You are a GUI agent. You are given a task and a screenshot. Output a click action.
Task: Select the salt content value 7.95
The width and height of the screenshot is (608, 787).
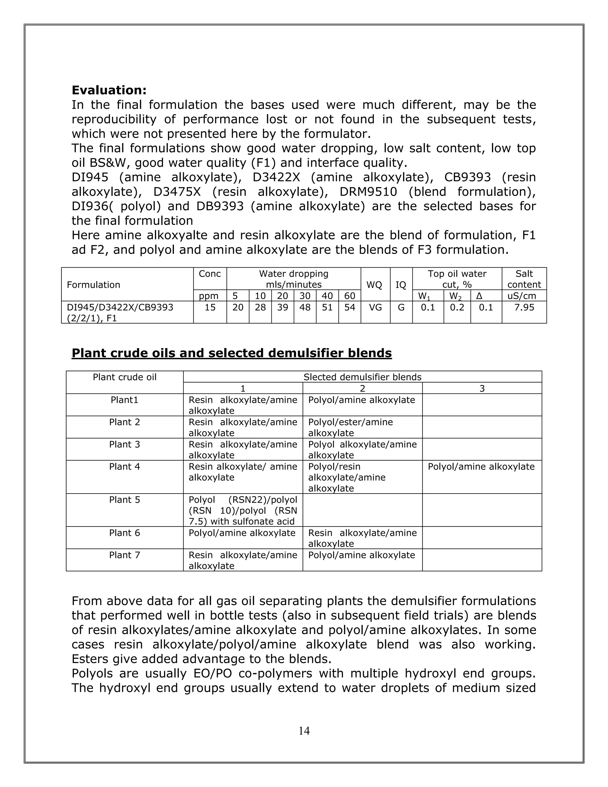(x=524, y=307)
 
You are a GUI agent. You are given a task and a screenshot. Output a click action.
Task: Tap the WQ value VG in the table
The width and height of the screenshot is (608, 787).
(x=375, y=307)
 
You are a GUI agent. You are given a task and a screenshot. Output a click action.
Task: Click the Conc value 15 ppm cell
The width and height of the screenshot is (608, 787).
(x=210, y=307)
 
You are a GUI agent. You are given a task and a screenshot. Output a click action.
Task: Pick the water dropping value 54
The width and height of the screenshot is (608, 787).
(x=349, y=307)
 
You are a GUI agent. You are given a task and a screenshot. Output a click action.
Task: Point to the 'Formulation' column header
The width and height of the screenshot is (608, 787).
(x=93, y=285)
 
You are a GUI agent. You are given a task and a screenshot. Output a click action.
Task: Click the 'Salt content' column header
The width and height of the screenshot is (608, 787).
(x=524, y=279)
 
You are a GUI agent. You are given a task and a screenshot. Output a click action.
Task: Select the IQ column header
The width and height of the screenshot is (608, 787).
(x=400, y=285)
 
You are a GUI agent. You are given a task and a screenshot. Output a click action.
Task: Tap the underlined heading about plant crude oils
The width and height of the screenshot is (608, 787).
(x=232, y=353)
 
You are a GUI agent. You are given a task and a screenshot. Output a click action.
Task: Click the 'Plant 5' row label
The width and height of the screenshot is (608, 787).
(x=124, y=500)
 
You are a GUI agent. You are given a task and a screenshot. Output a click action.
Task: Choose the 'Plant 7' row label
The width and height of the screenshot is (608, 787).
(x=124, y=555)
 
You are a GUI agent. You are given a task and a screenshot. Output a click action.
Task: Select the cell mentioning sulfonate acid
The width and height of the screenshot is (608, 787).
(x=243, y=511)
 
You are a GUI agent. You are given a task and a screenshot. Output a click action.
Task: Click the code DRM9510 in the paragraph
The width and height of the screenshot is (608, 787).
(x=368, y=192)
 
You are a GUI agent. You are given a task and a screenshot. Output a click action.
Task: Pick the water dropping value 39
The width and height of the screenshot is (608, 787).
(x=282, y=307)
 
